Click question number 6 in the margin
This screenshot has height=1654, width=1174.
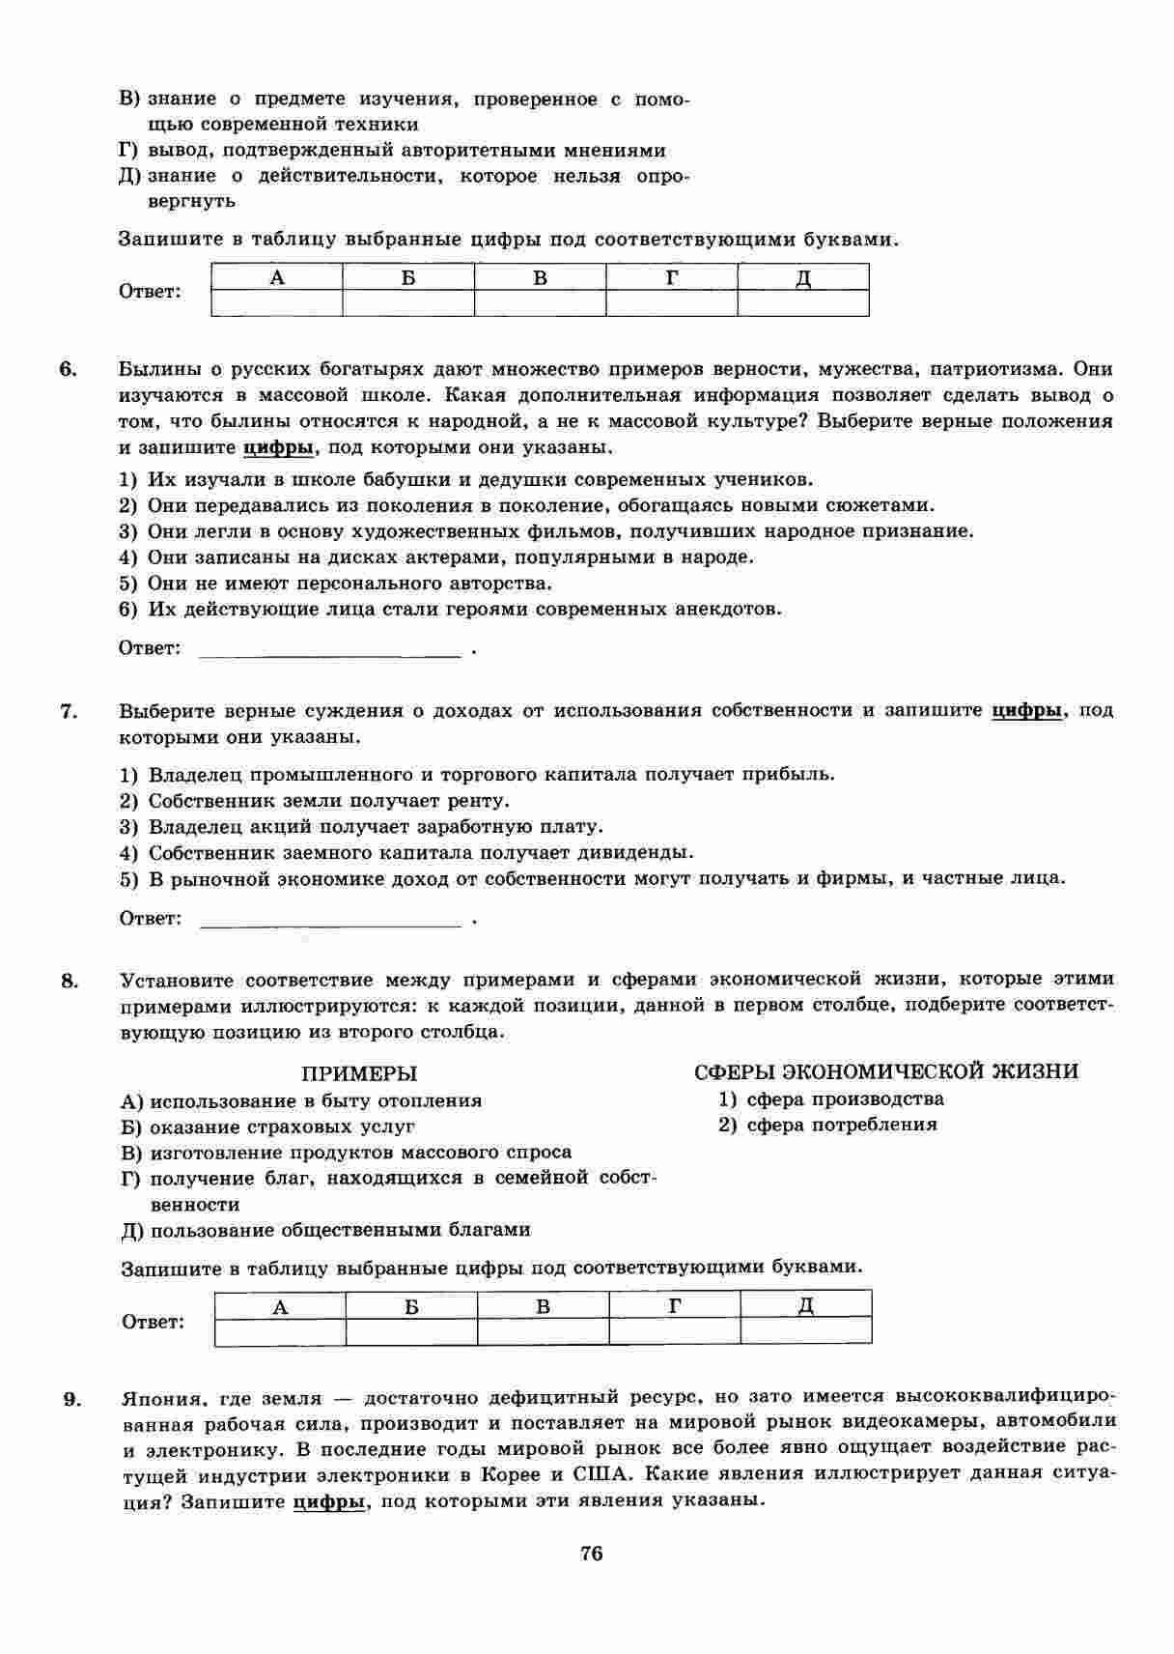68,369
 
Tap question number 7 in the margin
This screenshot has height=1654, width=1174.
68,711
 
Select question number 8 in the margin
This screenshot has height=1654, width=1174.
69,981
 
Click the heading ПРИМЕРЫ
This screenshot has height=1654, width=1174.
359,1073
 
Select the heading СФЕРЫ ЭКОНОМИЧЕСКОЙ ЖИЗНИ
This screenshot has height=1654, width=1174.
886,1071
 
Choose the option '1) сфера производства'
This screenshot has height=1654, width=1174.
830,1098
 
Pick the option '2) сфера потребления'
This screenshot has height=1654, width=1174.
827,1125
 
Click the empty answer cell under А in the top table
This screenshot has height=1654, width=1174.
277,303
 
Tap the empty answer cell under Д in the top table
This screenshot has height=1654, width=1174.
803,303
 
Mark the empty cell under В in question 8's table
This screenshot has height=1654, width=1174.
544,1332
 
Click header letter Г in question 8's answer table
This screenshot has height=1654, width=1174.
675,1306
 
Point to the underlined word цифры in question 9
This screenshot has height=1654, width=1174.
329,1502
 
